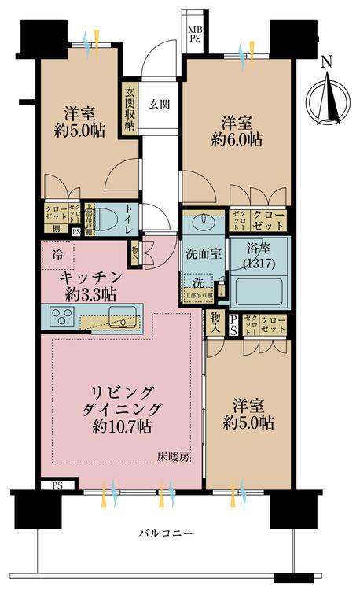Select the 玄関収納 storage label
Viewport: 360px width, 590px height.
pos(130,108)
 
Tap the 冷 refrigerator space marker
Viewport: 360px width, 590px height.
pos(58,254)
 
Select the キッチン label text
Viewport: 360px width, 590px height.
pos(91,277)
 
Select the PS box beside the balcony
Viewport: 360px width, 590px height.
pos(57,486)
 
